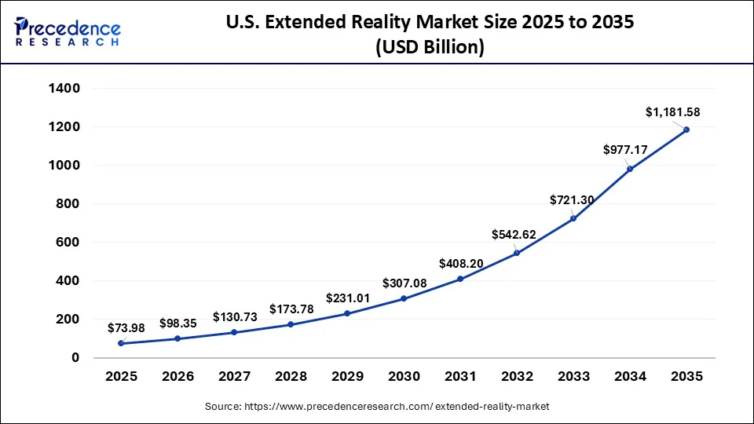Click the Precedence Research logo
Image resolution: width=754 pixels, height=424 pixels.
68,31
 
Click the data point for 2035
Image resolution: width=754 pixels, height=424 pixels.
686,130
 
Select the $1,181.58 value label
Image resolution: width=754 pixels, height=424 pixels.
672,113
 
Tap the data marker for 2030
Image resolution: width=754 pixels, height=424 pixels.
404,298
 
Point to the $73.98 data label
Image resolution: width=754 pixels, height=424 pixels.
127,327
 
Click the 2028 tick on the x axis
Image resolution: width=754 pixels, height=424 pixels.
291,377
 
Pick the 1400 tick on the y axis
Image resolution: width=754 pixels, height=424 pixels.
64,89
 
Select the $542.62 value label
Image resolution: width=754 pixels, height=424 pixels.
515,234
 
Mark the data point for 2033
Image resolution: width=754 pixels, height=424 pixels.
573,218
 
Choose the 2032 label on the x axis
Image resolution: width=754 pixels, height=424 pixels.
517,377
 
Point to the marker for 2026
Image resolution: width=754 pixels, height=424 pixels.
178,338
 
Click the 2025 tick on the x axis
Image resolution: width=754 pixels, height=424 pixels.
121,377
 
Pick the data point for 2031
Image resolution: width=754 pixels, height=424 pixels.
460,279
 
